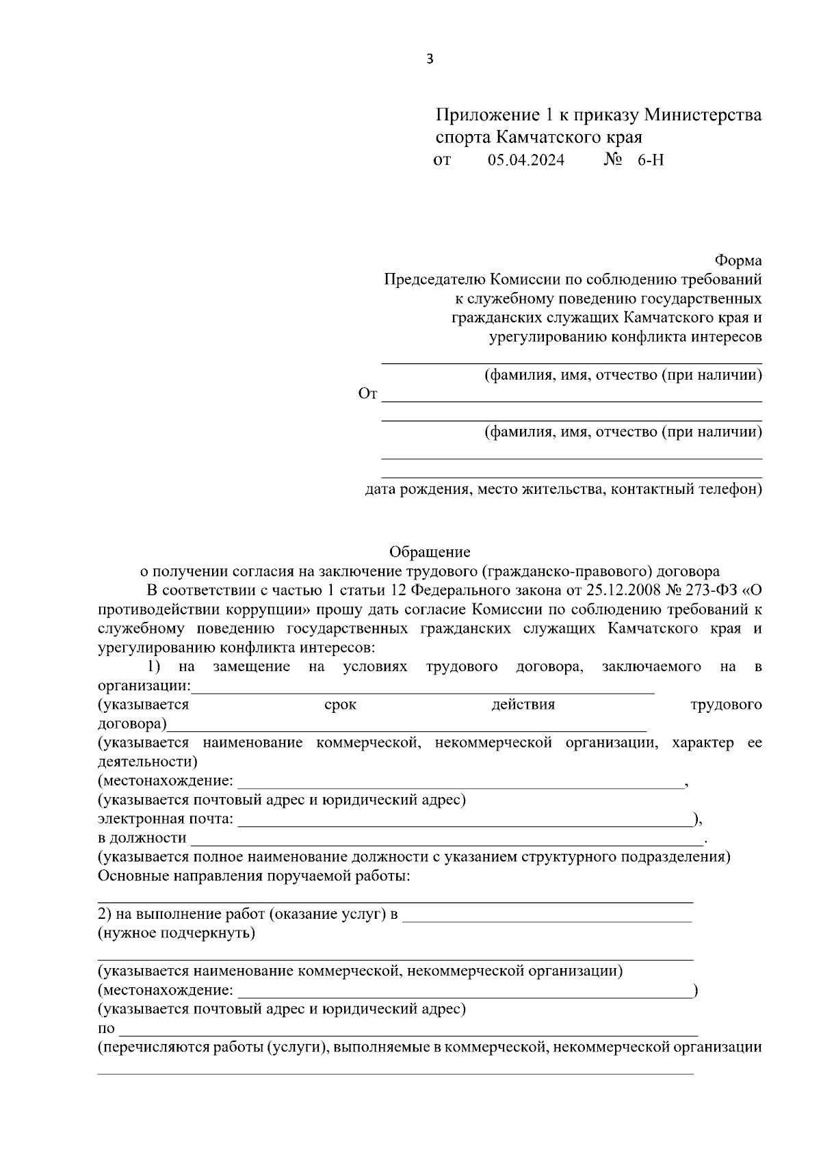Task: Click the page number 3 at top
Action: click(x=430, y=60)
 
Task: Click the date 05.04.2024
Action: click(x=526, y=161)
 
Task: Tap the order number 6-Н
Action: click(x=650, y=161)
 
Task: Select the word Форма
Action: click(x=738, y=261)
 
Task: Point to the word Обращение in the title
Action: click(x=430, y=551)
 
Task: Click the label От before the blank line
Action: click(x=367, y=394)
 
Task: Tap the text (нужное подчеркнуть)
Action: click(x=177, y=933)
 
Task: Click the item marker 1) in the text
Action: click(x=154, y=666)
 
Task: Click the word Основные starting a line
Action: click(x=130, y=876)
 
